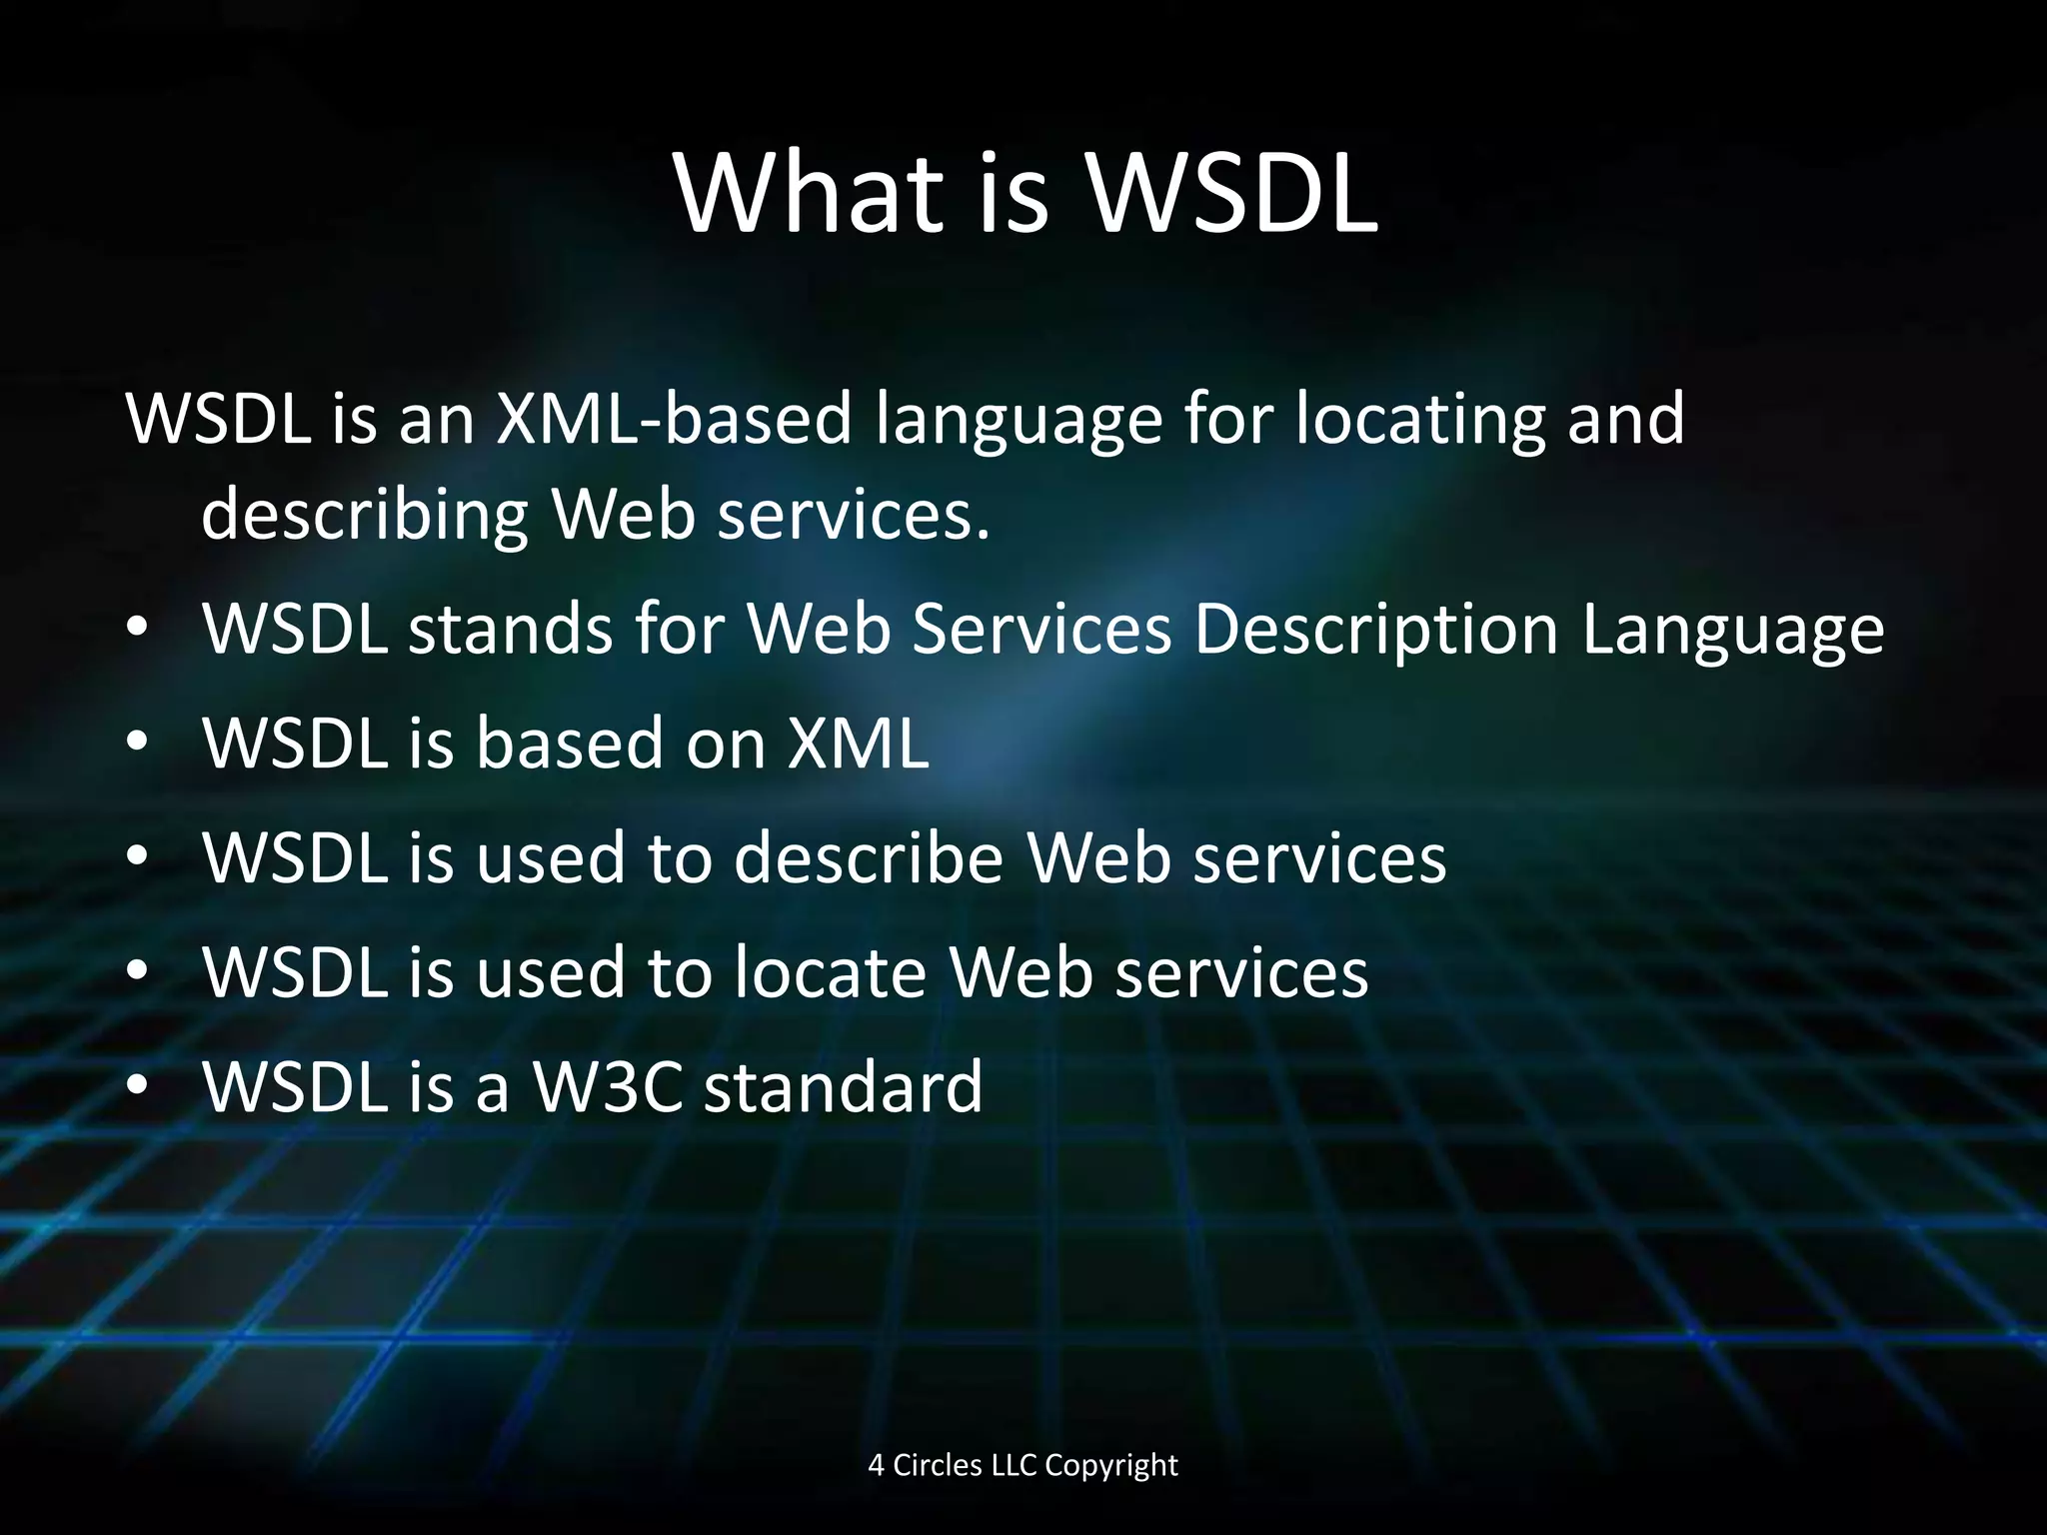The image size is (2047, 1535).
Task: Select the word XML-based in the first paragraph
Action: tap(675, 418)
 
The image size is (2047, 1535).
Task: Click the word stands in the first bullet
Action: tap(510, 630)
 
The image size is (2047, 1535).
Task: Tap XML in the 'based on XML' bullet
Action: tap(858, 744)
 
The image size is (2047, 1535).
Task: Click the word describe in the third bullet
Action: tap(869, 857)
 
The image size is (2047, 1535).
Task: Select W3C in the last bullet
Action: tap(608, 1086)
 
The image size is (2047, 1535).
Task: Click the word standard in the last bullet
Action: tap(843, 1086)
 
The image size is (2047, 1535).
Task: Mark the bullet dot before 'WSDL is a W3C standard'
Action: tap(138, 1085)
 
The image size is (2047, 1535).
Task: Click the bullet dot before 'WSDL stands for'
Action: tap(138, 629)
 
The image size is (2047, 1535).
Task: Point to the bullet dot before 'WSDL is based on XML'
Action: tap(138, 743)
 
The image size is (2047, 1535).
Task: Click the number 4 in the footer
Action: tap(876, 1465)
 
